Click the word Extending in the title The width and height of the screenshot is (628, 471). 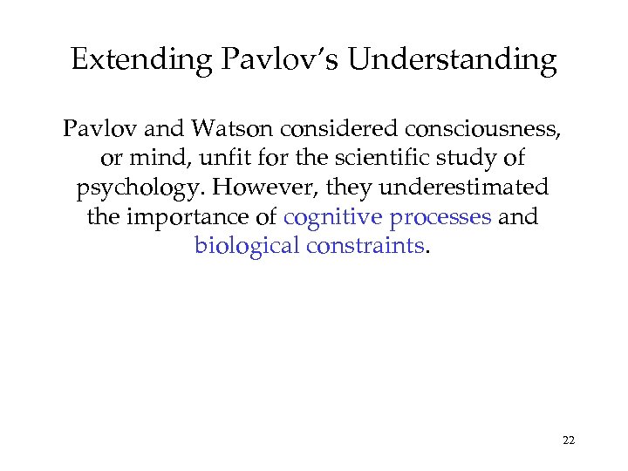pos(140,59)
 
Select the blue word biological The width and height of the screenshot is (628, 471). pos(247,245)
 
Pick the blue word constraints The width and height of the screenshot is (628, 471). pos(365,245)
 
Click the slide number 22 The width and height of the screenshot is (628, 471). pos(569,440)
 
